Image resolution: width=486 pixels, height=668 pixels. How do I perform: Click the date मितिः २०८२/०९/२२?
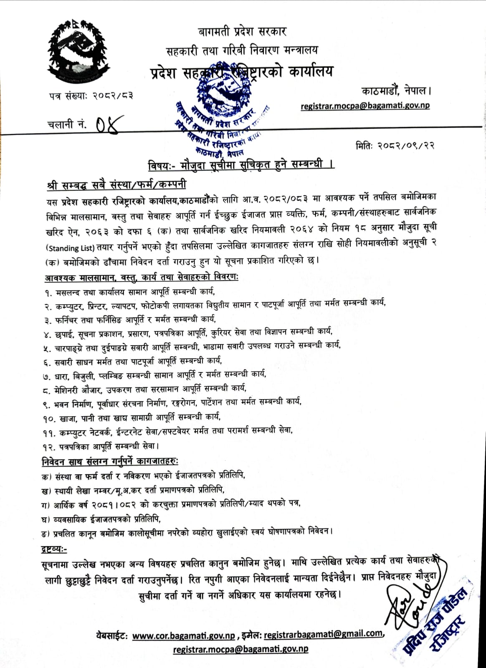[395, 145]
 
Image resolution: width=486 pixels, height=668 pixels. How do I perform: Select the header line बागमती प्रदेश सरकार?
[242, 32]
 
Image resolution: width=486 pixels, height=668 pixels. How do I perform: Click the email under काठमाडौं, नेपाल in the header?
[365, 106]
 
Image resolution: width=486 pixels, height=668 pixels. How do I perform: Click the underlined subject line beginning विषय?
[241, 165]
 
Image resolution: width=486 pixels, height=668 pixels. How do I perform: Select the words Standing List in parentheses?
[70, 248]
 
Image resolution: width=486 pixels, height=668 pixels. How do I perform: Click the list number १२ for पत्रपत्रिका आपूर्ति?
[48, 447]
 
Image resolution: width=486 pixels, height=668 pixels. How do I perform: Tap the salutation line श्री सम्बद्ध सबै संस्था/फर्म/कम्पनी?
[116, 185]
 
